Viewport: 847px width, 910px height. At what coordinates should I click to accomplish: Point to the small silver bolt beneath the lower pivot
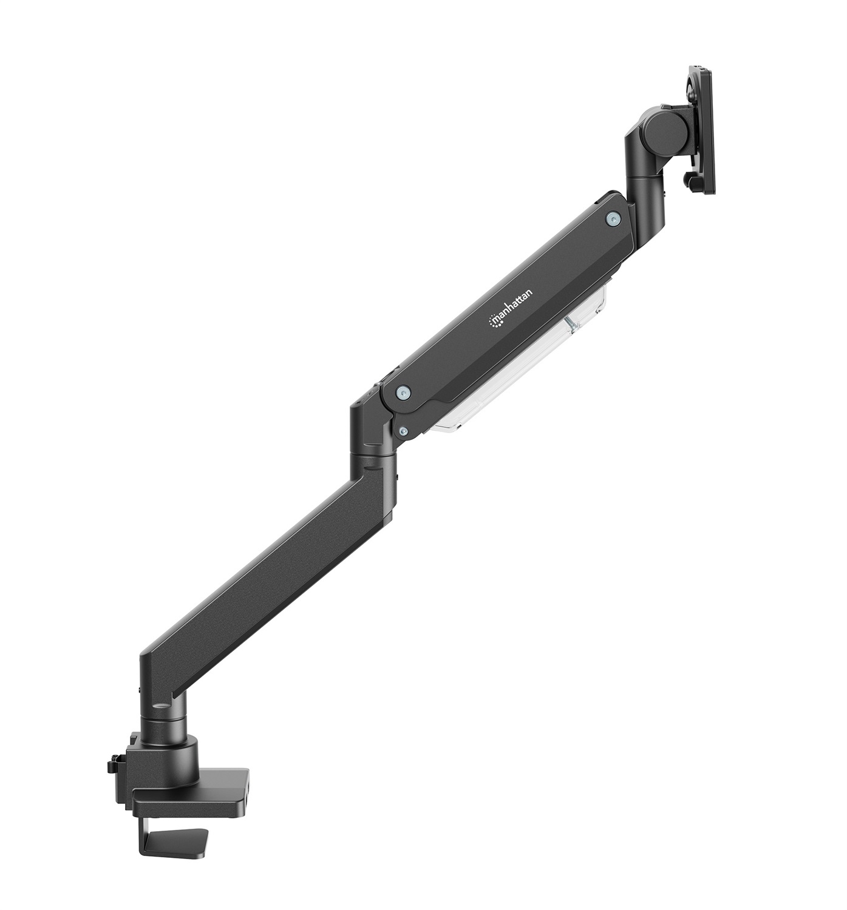403,430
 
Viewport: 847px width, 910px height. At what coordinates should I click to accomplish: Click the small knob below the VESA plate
687,181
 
